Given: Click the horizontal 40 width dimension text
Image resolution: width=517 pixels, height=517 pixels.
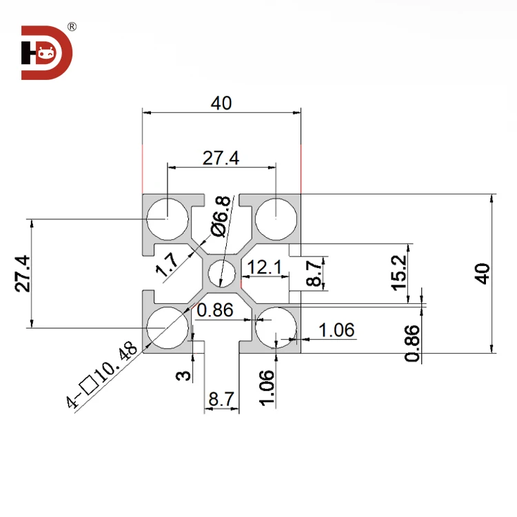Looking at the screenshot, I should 221,103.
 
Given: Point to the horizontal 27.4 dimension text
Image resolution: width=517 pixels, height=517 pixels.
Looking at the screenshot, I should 221,158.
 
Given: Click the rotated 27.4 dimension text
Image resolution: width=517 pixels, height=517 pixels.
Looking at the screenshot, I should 23,274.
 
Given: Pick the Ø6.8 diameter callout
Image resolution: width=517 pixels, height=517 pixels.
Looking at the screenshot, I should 219,215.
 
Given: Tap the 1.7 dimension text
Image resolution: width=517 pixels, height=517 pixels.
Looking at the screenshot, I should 168,265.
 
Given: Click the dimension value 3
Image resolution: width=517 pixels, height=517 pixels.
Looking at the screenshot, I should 183,376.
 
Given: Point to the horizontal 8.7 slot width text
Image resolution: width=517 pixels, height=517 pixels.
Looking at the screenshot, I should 221,398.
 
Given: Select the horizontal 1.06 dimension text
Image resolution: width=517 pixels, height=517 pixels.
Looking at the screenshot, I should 337,330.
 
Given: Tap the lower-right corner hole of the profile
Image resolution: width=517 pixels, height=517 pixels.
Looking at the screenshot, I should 276,328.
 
